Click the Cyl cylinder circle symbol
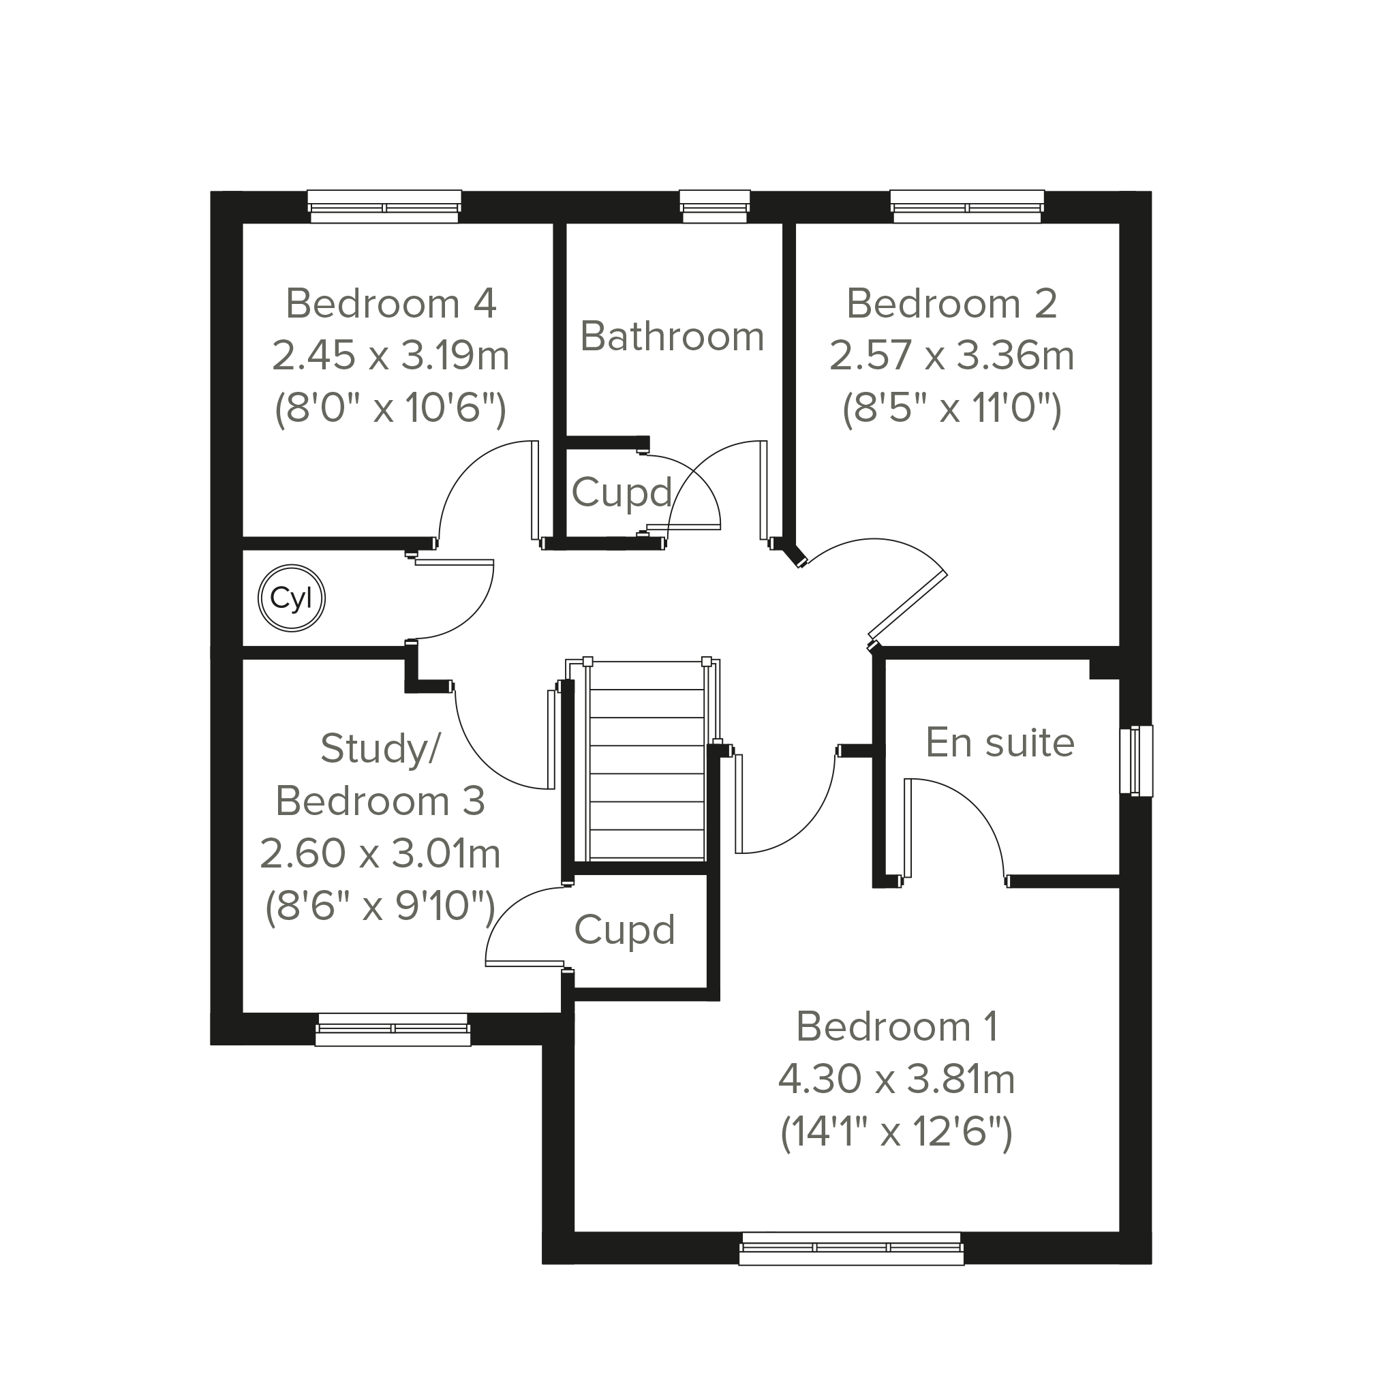click(x=292, y=598)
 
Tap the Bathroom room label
click(x=672, y=336)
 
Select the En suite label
click(x=1000, y=742)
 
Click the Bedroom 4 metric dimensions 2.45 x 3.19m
click(x=390, y=355)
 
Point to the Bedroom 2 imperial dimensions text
click(x=952, y=410)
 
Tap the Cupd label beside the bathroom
click(x=622, y=493)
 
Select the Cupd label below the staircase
click(x=625, y=931)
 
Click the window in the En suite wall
click(x=1136, y=761)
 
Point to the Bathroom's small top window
click(x=715, y=206)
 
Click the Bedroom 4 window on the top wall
click(x=384, y=206)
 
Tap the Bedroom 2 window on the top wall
click(x=967, y=206)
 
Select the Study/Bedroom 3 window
click(x=393, y=1029)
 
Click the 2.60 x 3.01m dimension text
click(x=380, y=854)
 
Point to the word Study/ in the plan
click(x=381, y=748)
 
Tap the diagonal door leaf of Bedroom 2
click(x=908, y=604)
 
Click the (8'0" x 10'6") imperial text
click(x=390, y=410)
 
